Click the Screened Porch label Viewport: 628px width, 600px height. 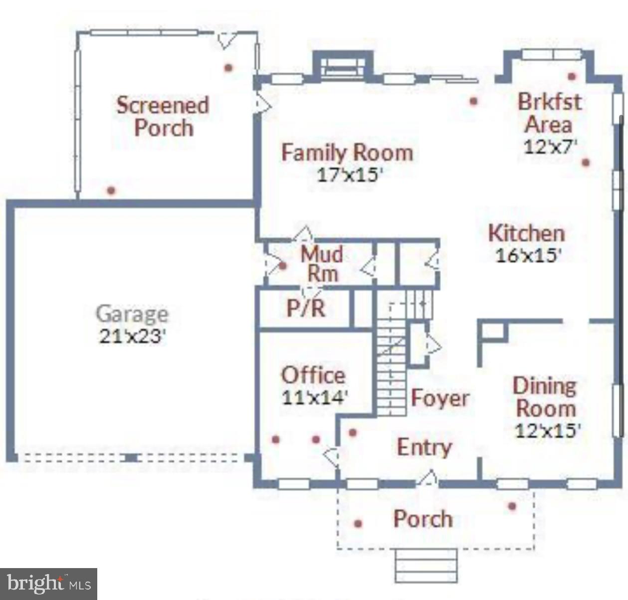(163, 116)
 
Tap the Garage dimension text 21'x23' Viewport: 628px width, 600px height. (132, 336)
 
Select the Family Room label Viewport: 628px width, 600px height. (347, 152)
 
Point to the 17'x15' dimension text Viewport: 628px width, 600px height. (350, 175)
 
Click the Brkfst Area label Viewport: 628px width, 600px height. (549, 113)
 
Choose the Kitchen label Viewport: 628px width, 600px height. (526, 233)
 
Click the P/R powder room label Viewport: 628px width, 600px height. (306, 308)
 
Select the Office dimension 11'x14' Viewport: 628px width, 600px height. (314, 398)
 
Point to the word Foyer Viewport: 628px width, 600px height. (440, 398)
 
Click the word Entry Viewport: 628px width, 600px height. (424, 447)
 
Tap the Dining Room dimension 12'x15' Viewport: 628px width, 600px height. (547, 430)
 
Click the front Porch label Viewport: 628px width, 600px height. (423, 519)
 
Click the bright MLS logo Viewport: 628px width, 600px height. (48, 584)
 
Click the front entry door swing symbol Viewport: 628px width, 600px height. (428, 478)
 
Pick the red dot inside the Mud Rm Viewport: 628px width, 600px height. (282, 266)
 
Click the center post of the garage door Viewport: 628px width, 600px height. (131, 457)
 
